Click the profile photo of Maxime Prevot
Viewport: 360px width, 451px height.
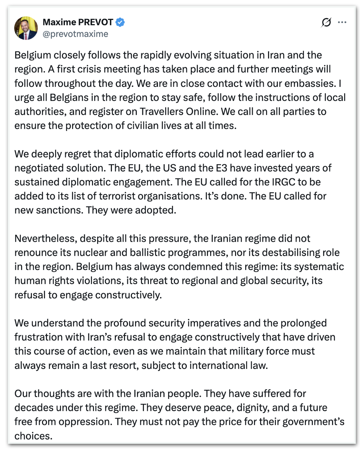tap(26, 28)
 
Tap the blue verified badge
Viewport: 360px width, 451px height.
tap(120, 22)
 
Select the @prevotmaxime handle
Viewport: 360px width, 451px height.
tap(75, 34)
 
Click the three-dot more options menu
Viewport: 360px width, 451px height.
tap(342, 22)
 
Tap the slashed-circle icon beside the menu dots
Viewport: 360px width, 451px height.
tap(326, 22)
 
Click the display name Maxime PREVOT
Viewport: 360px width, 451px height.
tap(78, 22)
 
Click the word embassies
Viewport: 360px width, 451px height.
tap(312, 83)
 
